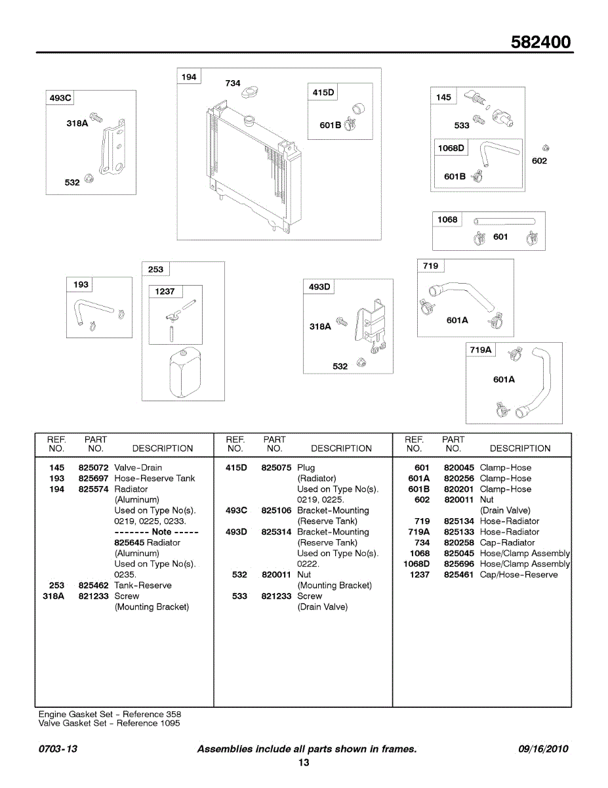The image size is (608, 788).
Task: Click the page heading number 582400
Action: [541, 43]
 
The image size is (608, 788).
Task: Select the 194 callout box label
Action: [189, 77]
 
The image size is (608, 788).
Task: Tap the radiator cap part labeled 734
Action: [250, 93]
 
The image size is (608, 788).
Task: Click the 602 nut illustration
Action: [546, 148]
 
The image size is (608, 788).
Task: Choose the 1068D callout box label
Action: [451, 148]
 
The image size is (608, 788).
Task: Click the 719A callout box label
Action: [480, 350]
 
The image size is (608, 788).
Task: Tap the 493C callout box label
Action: [60, 98]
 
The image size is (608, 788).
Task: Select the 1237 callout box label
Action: [165, 292]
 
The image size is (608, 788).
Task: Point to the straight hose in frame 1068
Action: [504, 221]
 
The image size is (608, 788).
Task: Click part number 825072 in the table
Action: [93, 468]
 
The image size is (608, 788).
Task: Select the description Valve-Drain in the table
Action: [138, 468]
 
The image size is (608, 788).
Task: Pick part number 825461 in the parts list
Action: [458, 575]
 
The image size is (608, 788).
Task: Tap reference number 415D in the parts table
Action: [236, 468]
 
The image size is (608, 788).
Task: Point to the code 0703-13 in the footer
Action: [58, 749]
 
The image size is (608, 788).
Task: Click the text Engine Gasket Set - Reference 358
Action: [110, 714]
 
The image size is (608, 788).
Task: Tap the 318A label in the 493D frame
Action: [320, 326]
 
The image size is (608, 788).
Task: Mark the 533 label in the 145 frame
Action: [462, 125]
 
